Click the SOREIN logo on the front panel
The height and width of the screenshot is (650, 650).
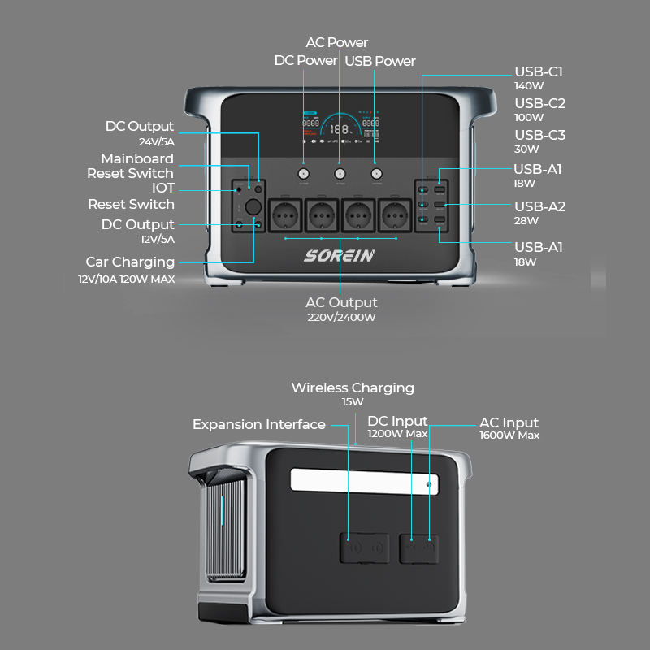pyautogui.click(x=340, y=256)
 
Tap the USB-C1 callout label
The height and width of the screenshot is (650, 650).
pyautogui.click(x=539, y=71)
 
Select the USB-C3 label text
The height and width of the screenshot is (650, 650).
pyautogui.click(x=539, y=135)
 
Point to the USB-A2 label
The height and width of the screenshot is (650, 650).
pyautogui.click(x=539, y=206)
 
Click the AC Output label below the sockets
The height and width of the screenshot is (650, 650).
pyautogui.click(x=341, y=303)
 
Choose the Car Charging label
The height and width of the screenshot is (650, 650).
pyautogui.click(x=130, y=262)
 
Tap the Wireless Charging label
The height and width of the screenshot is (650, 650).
pyautogui.click(x=353, y=388)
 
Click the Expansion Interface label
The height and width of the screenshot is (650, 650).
pyautogui.click(x=259, y=424)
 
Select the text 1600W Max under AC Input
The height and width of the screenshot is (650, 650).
pyautogui.click(x=509, y=435)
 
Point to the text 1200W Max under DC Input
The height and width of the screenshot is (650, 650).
pyautogui.click(x=397, y=434)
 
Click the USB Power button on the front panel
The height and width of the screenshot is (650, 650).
pyautogui.click(x=375, y=174)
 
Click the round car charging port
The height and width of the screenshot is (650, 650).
pyautogui.click(x=253, y=207)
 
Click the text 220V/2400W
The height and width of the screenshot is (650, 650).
pyautogui.click(x=341, y=318)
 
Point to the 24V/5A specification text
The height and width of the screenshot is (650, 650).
pyautogui.click(x=156, y=141)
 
